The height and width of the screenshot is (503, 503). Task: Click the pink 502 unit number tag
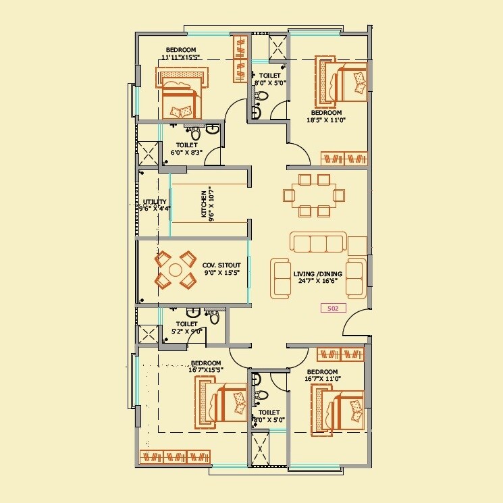[333, 308]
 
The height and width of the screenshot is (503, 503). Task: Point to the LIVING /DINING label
[317, 274]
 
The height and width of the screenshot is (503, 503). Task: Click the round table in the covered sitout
[176, 270]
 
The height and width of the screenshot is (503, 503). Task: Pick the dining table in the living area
[315, 195]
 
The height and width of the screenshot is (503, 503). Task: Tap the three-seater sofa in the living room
[318, 242]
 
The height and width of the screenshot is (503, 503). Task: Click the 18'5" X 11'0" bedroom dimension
[326, 120]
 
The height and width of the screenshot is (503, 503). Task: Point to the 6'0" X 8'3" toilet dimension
[186, 153]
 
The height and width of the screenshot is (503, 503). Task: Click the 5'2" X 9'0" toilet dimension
[186, 332]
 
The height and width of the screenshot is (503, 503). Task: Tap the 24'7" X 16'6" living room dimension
[317, 282]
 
